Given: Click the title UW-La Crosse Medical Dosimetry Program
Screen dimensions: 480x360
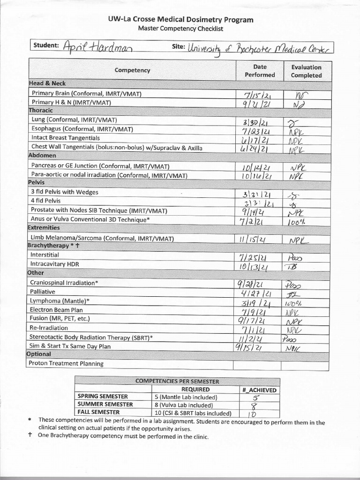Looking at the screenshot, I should pos(180,20).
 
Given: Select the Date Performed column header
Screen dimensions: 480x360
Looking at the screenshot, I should pos(260,71).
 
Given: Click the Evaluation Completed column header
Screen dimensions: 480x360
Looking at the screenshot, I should pos(306,71).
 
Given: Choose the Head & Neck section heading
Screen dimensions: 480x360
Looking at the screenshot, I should pos(47,83).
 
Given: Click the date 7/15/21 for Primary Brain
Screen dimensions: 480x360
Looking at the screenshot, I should pos(255,94).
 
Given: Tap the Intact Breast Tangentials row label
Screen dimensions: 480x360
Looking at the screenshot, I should pos(65,138).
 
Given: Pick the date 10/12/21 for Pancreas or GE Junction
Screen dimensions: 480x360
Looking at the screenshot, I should pos(255,166).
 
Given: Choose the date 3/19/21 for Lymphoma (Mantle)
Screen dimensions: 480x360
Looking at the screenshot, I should pos(255,303).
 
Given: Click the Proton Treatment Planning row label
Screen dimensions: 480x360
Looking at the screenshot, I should pos(66,363).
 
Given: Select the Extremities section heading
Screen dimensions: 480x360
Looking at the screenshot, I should pos(44,227).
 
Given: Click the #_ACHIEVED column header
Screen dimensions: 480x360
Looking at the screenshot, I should pos(259,390).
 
